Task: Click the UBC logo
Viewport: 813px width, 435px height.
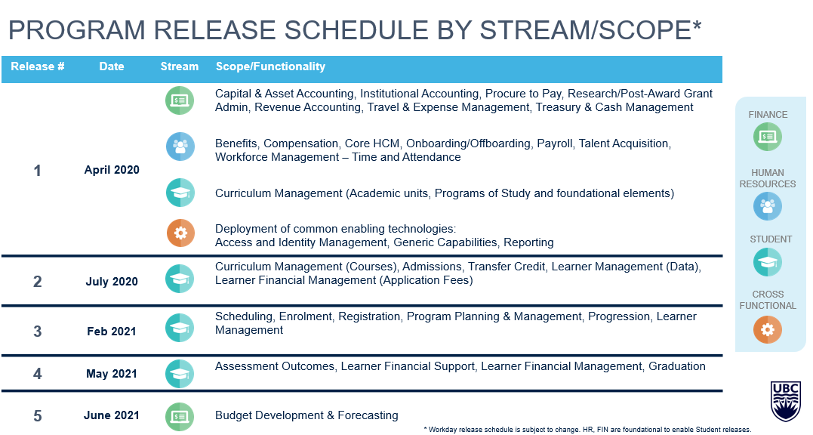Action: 786,401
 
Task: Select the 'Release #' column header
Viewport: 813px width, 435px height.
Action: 37,66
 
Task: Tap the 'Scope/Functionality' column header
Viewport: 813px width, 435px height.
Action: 270,66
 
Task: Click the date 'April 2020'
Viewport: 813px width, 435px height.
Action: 112,169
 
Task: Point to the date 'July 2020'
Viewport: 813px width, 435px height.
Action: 112,282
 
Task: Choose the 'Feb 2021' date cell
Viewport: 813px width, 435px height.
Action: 112,332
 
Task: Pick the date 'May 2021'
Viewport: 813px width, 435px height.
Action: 112,374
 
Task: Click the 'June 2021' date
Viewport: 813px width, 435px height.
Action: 112,415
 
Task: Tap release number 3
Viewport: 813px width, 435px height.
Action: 37,332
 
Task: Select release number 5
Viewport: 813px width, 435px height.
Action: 37,416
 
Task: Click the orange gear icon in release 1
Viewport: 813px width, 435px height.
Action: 180,233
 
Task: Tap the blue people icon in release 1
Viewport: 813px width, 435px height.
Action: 180,147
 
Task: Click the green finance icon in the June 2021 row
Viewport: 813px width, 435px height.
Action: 180,416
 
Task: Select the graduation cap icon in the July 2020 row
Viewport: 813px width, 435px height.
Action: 180,279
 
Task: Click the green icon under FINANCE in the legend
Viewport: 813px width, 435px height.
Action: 768,137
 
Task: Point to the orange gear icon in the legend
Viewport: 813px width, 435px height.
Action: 768,329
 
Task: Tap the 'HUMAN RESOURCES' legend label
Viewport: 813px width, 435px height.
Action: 768,178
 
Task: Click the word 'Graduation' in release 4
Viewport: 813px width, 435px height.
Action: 676,366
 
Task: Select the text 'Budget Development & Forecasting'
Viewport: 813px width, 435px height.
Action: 306,415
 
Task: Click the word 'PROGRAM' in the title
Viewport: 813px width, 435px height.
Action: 77,29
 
